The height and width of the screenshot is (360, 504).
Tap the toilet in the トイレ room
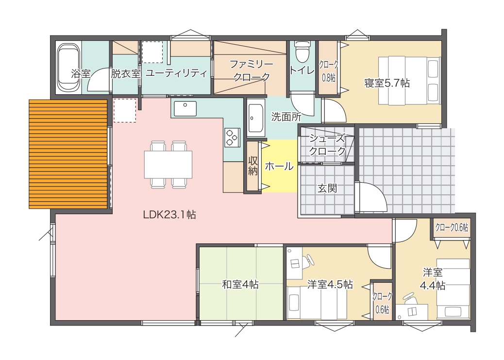[x=302, y=51]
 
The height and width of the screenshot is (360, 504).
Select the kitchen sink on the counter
[x=185, y=108]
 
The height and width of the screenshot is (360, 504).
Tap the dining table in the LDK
[x=168, y=164]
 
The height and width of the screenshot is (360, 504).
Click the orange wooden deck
[x=68, y=154]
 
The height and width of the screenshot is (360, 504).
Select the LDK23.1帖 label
[x=169, y=215]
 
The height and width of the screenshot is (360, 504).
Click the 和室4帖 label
[x=240, y=284]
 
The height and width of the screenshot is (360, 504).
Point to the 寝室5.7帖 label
[x=387, y=84]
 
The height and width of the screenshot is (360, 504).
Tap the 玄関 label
[x=327, y=188]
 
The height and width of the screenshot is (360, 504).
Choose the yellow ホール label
[x=279, y=166]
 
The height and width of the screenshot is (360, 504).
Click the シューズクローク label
[x=327, y=145]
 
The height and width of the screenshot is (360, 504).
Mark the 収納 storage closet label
[x=253, y=166]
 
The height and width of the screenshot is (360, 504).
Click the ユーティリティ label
[x=176, y=73]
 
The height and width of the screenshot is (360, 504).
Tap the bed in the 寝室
[x=409, y=81]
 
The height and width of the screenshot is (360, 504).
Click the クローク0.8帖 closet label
[x=329, y=71]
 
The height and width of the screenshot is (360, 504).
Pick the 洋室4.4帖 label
[x=433, y=279]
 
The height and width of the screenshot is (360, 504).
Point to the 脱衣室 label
[x=126, y=74]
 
